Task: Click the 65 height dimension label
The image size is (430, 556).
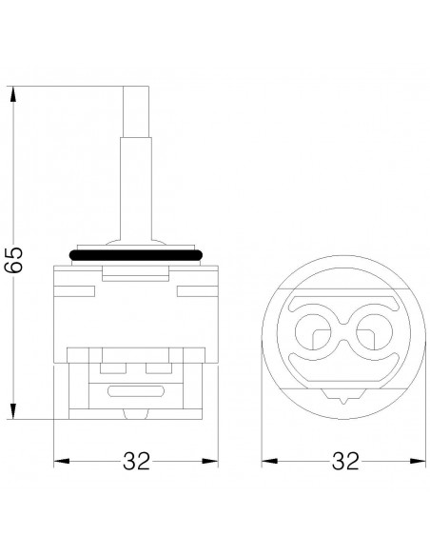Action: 14,260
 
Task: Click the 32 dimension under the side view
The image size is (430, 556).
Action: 137,461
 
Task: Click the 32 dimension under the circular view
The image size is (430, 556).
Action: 345,461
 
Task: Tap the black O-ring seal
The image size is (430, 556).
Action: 136,255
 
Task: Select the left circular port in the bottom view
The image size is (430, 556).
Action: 313,332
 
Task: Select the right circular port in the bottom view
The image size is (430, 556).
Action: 375,332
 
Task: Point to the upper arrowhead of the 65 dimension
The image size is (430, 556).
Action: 13,94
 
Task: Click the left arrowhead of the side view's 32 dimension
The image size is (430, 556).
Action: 61,462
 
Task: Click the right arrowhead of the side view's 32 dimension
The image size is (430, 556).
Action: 209,462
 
